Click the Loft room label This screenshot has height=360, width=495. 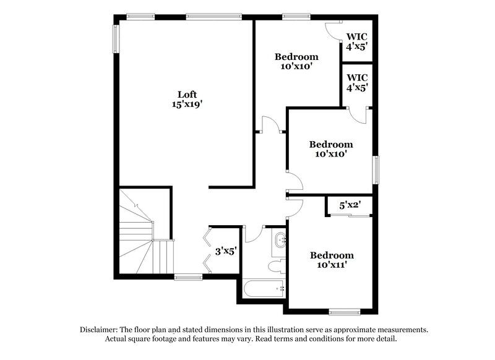pyautogui.click(x=187, y=95)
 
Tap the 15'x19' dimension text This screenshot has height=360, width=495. pyautogui.click(x=187, y=105)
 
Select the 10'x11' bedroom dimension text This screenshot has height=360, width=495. pyautogui.click(x=332, y=265)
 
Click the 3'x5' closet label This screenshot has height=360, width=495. pyautogui.click(x=224, y=252)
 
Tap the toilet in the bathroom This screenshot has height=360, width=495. pyautogui.click(x=277, y=266)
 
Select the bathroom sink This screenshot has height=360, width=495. pyautogui.click(x=280, y=240)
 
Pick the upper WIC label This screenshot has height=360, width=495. pyautogui.click(x=357, y=41)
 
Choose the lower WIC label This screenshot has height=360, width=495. pyautogui.click(x=357, y=82)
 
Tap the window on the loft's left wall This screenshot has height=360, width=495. pyautogui.click(x=116, y=38)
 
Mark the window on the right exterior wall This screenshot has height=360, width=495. pyautogui.click(x=376, y=169)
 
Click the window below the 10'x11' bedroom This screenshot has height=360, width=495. pyautogui.click(x=345, y=311)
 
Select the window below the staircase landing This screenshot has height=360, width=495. pyautogui.click(x=187, y=276)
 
